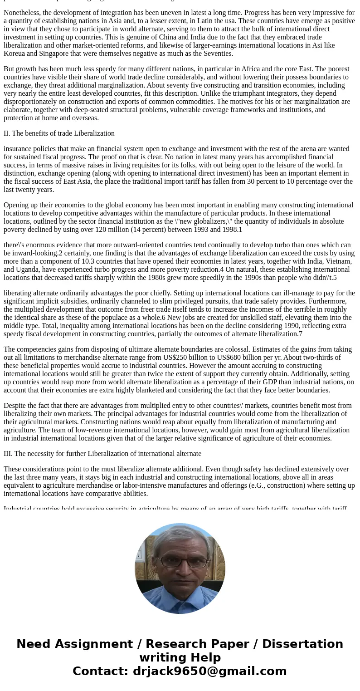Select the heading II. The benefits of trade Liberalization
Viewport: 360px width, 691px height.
(59, 133)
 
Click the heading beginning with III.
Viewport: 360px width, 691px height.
(102, 454)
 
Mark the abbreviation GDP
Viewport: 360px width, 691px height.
(226, 382)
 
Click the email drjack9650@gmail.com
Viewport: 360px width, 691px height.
(209, 671)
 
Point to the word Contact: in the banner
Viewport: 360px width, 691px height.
(101, 671)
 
